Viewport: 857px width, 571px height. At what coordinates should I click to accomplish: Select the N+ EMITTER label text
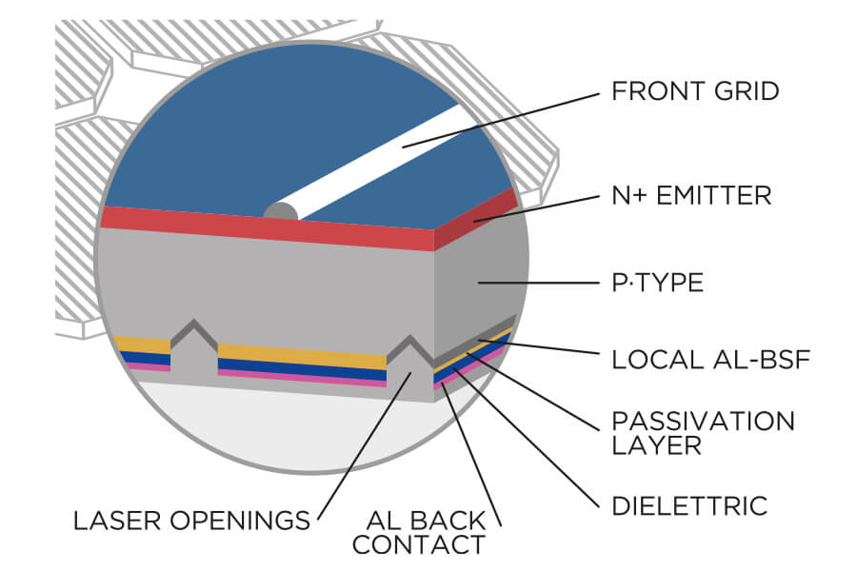690,196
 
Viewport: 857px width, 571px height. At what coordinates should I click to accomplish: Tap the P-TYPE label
657,284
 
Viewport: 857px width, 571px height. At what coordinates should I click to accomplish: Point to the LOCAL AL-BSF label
703,362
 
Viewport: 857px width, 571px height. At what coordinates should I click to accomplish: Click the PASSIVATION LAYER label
703,432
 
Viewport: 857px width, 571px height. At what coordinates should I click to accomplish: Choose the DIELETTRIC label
689,505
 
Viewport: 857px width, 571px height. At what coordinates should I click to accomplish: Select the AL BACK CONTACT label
426,533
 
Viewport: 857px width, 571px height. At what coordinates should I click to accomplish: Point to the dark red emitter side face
476,217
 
